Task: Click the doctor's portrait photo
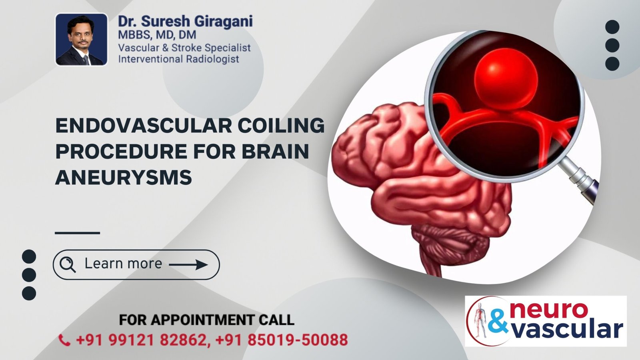pyautogui.click(x=81, y=39)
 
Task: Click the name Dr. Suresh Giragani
pyautogui.click(x=185, y=21)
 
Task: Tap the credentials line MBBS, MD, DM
pyautogui.click(x=157, y=35)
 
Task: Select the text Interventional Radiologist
pyautogui.click(x=178, y=59)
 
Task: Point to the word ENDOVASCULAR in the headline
pyautogui.click(x=143, y=126)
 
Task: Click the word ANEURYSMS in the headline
pyautogui.click(x=124, y=177)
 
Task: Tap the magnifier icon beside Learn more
pyautogui.click(x=67, y=264)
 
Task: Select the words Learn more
pyautogui.click(x=123, y=264)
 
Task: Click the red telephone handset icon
pyautogui.click(x=64, y=340)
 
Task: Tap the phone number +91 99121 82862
pyautogui.click(x=142, y=340)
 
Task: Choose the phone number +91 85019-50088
pyautogui.click(x=282, y=340)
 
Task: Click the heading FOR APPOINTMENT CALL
pyautogui.click(x=206, y=320)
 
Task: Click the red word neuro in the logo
pyautogui.click(x=549, y=310)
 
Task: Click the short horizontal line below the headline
pyautogui.click(x=77, y=232)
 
